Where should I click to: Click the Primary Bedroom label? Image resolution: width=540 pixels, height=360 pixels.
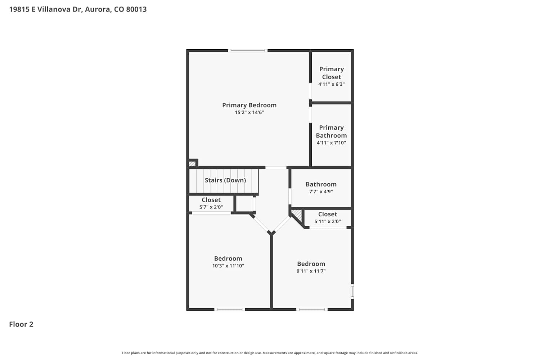(249, 105)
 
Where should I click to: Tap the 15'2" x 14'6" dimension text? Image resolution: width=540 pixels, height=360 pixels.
(249, 112)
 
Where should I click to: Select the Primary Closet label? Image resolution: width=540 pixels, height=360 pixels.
(332, 73)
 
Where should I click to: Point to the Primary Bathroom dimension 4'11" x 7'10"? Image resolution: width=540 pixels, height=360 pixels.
(331, 143)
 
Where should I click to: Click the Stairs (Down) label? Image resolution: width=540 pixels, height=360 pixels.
(225, 180)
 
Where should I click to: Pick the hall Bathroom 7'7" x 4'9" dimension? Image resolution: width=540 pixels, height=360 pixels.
(321, 192)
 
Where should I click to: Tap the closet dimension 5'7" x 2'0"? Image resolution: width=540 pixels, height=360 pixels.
(211, 207)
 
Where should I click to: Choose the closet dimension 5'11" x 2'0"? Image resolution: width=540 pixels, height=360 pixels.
(327, 221)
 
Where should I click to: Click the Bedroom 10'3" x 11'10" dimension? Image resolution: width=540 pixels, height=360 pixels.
(228, 266)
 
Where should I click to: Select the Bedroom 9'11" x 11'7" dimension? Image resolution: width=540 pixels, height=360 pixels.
(311, 271)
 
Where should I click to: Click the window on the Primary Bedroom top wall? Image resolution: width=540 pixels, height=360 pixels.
(248, 51)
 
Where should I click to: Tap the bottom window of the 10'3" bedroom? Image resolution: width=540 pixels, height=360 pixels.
(230, 309)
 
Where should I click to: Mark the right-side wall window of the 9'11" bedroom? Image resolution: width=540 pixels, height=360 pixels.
(352, 292)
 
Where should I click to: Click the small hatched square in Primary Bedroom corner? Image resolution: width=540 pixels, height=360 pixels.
(192, 164)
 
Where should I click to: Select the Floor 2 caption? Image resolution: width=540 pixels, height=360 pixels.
(21, 324)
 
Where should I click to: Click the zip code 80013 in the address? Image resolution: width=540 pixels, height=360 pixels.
(136, 9)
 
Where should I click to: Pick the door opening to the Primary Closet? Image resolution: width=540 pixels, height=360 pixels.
(310, 91)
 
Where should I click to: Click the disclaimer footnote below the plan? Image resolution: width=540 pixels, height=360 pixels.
(270, 353)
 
